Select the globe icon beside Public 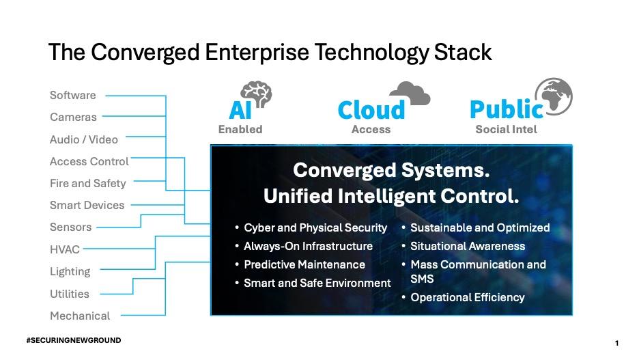tap(553, 96)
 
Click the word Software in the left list tap(73, 95)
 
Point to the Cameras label tap(73, 117)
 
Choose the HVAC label tap(64, 249)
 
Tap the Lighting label tap(70, 271)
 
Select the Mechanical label tap(80, 316)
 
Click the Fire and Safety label tap(87, 183)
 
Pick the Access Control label tap(89, 161)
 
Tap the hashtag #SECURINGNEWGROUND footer tap(73, 340)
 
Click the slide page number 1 tap(616, 342)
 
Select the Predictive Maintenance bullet tap(304, 264)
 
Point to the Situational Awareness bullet tap(467, 246)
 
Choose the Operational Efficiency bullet tap(467, 297)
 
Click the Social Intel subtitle tap(506, 129)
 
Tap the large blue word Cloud tap(371, 110)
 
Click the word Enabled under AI tap(240, 129)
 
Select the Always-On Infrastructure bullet tap(308, 246)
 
